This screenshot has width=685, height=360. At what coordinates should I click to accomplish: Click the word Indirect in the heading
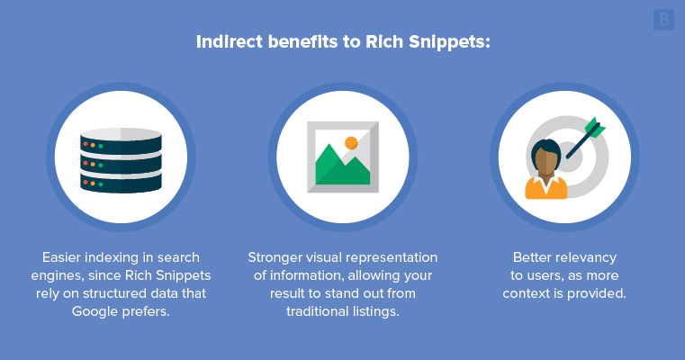click(226, 42)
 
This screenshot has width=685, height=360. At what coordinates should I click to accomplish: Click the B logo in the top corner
click(664, 19)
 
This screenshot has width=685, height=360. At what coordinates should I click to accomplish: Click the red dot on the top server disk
click(85, 143)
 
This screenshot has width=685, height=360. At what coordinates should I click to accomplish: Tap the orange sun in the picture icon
click(351, 142)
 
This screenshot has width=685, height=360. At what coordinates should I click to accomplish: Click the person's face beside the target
click(546, 159)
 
